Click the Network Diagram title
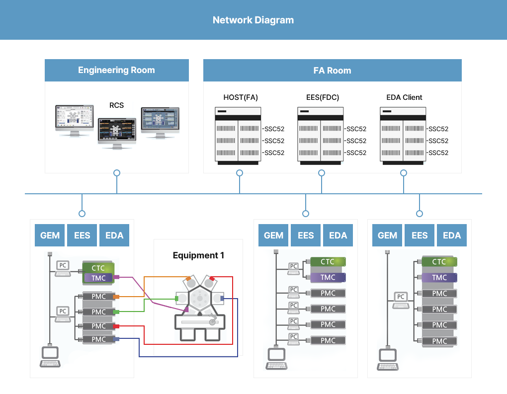click(x=253, y=20)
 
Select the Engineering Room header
click(x=116, y=70)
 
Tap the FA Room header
click(x=332, y=71)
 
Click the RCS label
click(x=116, y=105)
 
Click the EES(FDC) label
click(x=323, y=97)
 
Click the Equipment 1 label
click(x=198, y=255)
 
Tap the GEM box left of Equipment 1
click(x=50, y=236)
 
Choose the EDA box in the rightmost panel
click(x=452, y=236)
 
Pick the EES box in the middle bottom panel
click(x=306, y=236)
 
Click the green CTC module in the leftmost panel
click(x=98, y=268)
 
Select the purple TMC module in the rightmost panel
click(x=439, y=278)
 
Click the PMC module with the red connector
click(x=99, y=326)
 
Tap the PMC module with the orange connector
click(x=99, y=297)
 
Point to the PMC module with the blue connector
click(x=99, y=339)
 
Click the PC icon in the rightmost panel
click(x=401, y=298)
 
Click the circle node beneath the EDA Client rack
click(x=404, y=173)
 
